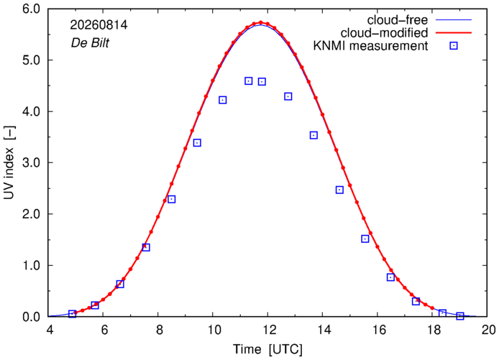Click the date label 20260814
pyautogui.click(x=99, y=25)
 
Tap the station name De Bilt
pyautogui.click(x=90, y=42)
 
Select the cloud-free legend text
pyautogui.click(x=397, y=20)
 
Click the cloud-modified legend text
pyautogui.click(x=384, y=33)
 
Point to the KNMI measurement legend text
pyautogui.click(x=370, y=46)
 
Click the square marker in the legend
pyautogui.click(x=454, y=46)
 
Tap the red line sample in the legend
pyautogui.click(x=454, y=33)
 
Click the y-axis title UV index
pyautogui.click(x=9, y=163)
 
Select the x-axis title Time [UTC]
pyautogui.click(x=267, y=349)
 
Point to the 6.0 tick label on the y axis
pyautogui.click(x=31, y=9)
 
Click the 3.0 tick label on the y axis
pyautogui.click(x=31, y=162)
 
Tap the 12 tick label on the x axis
pyautogui.click(x=267, y=330)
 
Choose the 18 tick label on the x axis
pyautogui.click(x=432, y=330)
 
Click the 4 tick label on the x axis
pyautogui.click(x=50, y=330)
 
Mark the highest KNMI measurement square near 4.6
pyautogui.click(x=249, y=80)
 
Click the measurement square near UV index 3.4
pyautogui.click(x=197, y=143)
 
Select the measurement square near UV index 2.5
pyautogui.click(x=339, y=190)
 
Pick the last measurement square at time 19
pyautogui.click(x=460, y=315)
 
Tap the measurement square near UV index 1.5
pyautogui.click(x=365, y=239)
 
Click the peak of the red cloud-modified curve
pyautogui.click(x=260, y=22)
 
